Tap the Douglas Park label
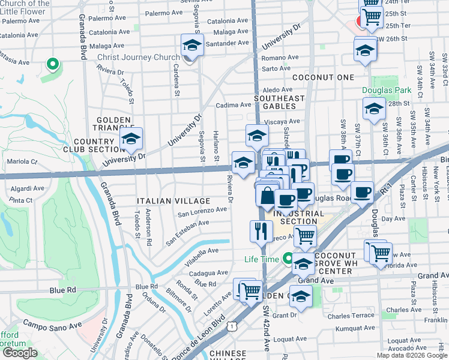coord(387,91)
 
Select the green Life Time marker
coord(289,259)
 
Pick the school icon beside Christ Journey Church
coord(192,46)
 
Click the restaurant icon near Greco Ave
coord(261,231)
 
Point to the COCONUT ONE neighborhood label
coord(323,78)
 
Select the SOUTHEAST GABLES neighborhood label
coord(279,98)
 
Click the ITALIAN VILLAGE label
coord(173,201)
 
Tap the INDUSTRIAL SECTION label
coord(298,217)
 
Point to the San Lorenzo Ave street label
coord(202,212)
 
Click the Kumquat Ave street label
coord(356,328)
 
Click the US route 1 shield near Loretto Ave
coord(232,326)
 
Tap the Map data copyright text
coord(412,355)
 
